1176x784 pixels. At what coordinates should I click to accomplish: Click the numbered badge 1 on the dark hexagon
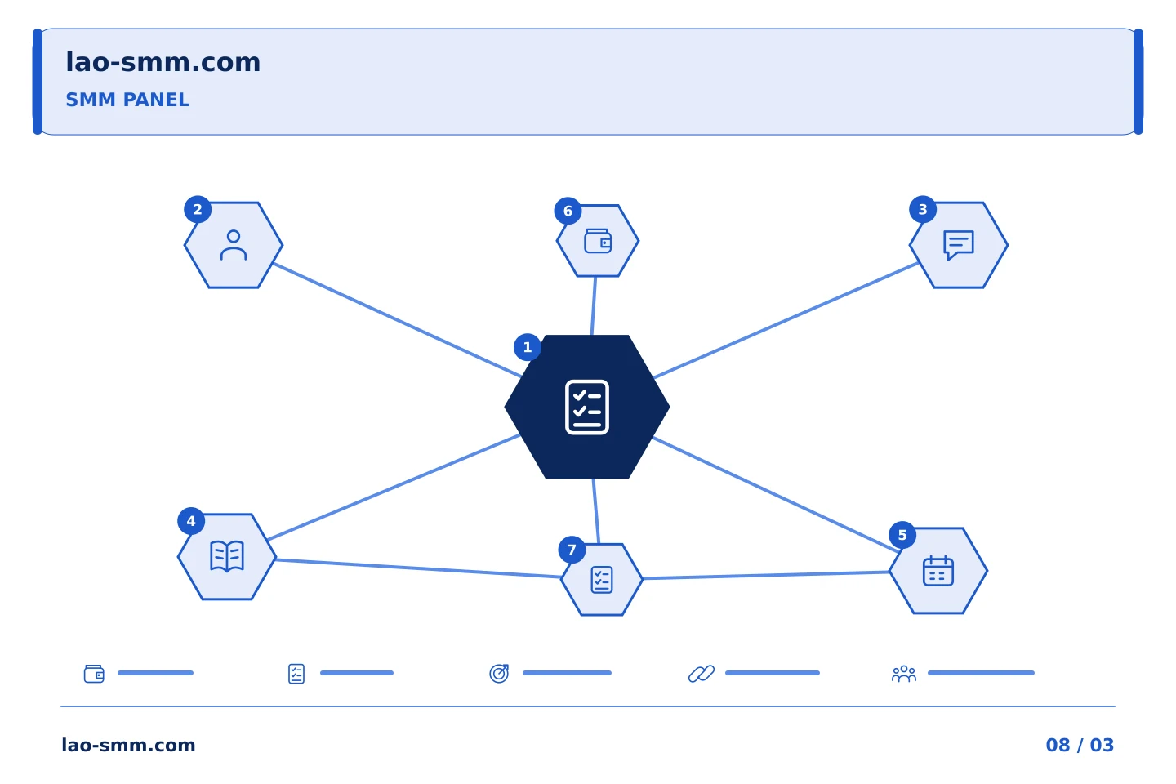point(527,347)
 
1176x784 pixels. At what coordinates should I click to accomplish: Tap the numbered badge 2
point(198,210)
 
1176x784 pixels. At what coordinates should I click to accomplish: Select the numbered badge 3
point(923,210)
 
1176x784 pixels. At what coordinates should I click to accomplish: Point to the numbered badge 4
point(191,521)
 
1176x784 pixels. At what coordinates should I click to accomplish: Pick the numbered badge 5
point(902,535)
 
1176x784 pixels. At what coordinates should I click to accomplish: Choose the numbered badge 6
point(568,211)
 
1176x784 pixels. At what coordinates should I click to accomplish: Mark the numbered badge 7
point(572,550)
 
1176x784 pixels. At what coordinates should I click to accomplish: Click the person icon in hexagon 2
point(233,245)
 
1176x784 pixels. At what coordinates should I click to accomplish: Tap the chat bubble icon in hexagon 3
point(958,245)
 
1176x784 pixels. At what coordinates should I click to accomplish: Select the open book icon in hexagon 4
point(227,555)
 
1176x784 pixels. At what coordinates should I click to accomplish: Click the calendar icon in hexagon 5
point(938,570)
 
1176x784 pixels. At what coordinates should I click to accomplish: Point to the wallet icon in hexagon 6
point(598,241)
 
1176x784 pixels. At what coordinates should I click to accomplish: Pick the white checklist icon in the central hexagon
point(587,407)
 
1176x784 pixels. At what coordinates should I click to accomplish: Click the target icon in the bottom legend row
point(499,673)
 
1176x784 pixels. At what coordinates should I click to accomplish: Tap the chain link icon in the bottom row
point(701,674)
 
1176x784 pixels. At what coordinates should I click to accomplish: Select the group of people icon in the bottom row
point(903,674)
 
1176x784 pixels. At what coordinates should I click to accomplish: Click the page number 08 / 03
point(1080,745)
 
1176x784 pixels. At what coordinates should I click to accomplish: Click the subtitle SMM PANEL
point(127,100)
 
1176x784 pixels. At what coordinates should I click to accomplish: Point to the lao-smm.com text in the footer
point(128,745)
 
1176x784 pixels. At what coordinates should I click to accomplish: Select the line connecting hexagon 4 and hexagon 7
point(418,568)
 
